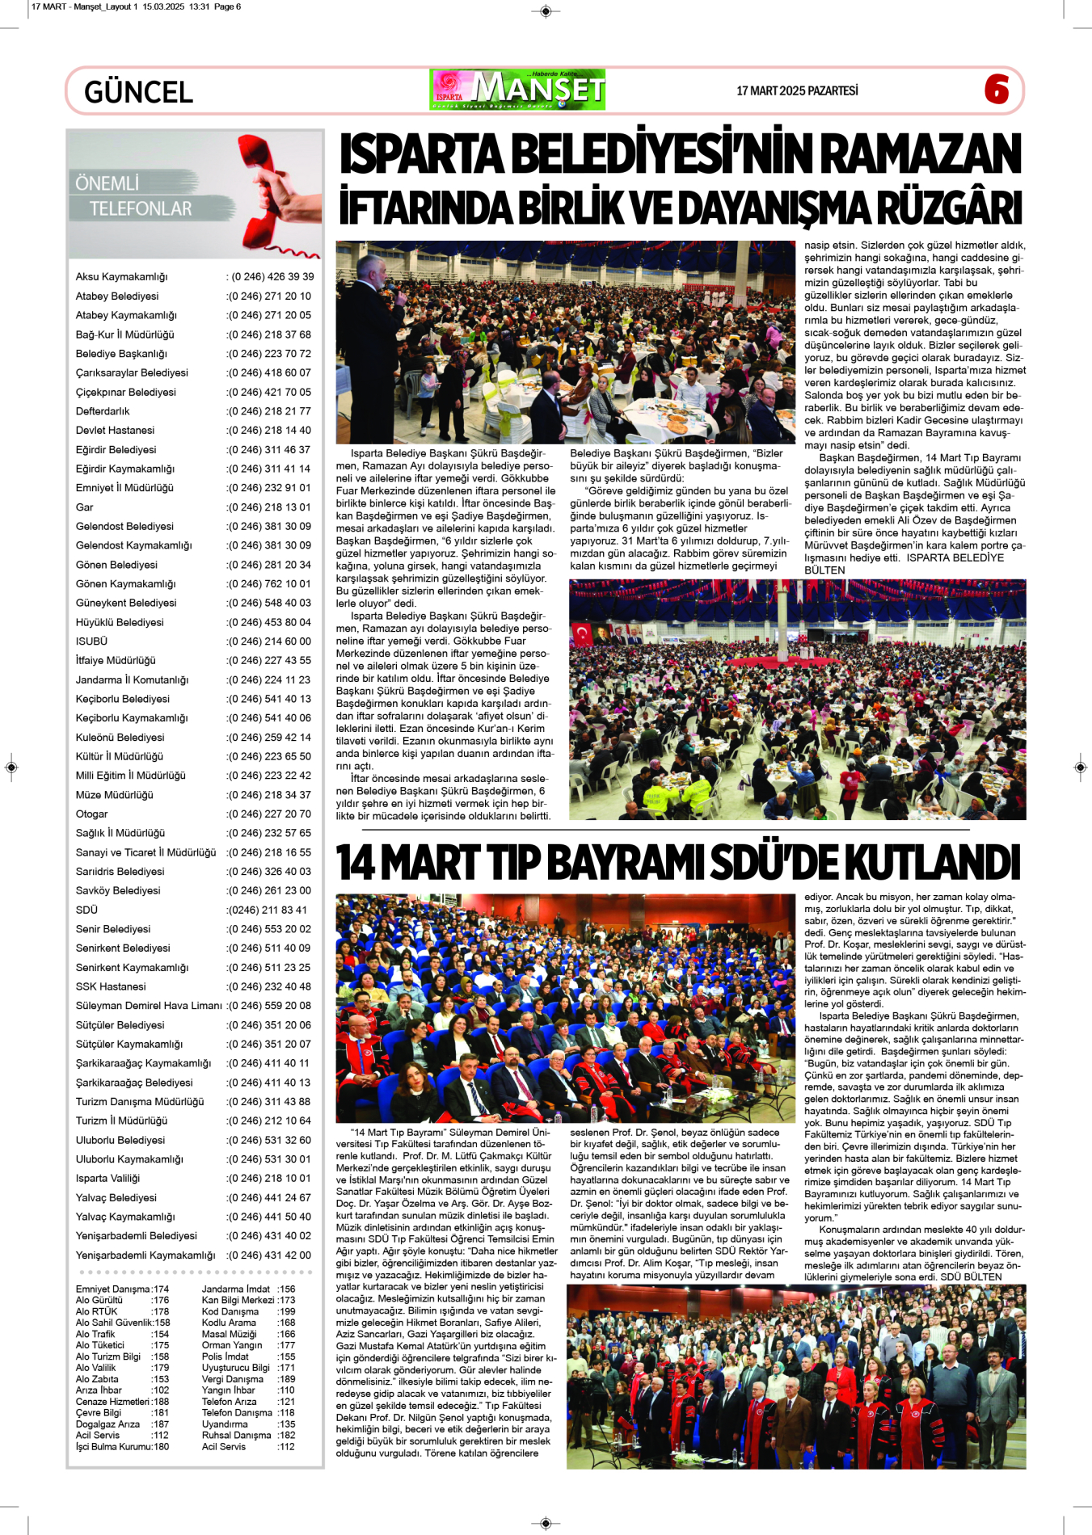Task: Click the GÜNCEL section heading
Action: tap(138, 92)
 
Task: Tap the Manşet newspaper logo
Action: tap(517, 90)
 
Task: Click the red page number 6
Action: tap(997, 89)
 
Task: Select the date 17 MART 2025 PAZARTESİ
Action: tap(797, 91)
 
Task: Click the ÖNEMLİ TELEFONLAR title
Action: tap(134, 196)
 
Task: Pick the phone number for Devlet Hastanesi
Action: tap(269, 431)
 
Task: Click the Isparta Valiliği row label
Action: tap(108, 1179)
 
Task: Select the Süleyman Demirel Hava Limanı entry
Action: tap(149, 1006)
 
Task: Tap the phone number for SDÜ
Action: tap(268, 910)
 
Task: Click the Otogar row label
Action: tap(91, 814)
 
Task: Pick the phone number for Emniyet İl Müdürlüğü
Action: tap(269, 488)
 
